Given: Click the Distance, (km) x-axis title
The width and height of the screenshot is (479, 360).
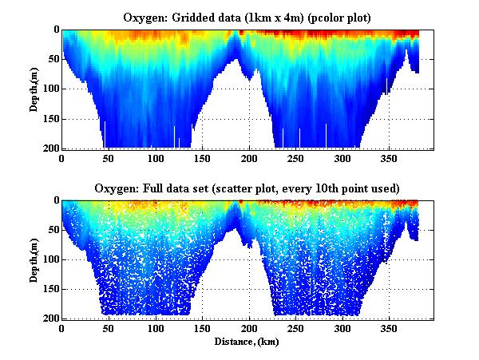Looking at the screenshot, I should click(247, 341).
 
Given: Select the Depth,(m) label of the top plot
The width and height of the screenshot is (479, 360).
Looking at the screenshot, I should click(35, 89).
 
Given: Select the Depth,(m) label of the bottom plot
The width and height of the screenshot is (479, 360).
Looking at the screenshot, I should click(35, 259).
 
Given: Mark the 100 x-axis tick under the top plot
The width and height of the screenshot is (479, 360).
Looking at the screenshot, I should click(156, 158).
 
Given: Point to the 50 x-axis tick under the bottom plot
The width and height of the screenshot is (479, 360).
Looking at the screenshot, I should click(109, 328).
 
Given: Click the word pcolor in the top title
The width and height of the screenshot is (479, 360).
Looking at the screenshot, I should click(327, 18).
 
